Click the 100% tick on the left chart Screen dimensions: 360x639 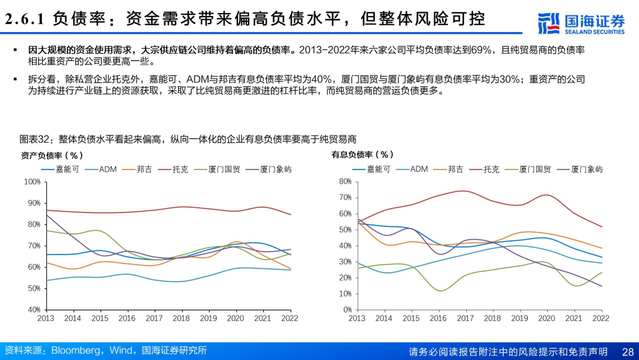[x=32, y=182]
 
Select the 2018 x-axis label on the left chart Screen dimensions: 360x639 [x=180, y=319]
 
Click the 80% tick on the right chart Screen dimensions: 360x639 [x=345, y=182]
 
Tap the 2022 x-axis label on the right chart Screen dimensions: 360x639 [x=601, y=319]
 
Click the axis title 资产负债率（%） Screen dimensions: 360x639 [x=52, y=156]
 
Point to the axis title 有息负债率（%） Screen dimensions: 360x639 [x=363, y=155]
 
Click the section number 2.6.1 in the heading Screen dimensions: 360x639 [x=25, y=19]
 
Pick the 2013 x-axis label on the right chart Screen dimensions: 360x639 [x=357, y=319]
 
